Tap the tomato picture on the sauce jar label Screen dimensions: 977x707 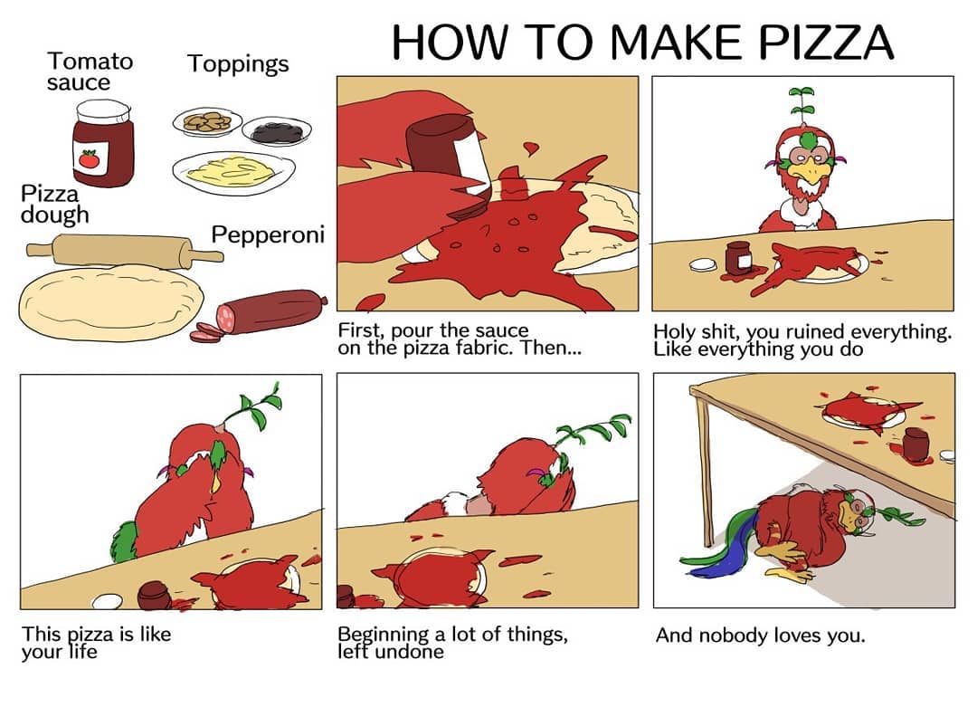pyautogui.click(x=89, y=159)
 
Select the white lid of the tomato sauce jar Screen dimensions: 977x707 pyautogui.click(x=103, y=111)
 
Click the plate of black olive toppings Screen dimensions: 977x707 pyautogui.click(x=277, y=131)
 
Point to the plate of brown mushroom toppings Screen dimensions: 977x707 pyautogui.click(x=207, y=121)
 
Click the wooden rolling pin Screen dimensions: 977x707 pyautogui.click(x=125, y=251)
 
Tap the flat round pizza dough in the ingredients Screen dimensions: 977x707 pyautogui.click(x=111, y=302)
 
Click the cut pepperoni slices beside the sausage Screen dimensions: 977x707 pyautogui.click(x=206, y=333)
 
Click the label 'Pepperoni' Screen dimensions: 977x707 pyautogui.click(x=268, y=235)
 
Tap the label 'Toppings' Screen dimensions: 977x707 pyautogui.click(x=238, y=64)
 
